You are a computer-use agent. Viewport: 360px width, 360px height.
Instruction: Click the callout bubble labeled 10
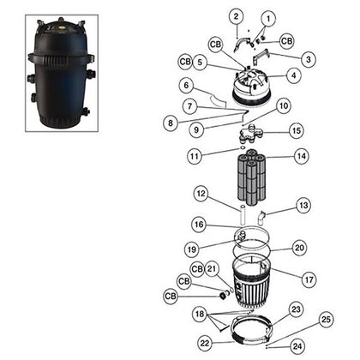tap(283, 105)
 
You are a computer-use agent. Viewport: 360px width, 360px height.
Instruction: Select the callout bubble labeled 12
tap(199, 195)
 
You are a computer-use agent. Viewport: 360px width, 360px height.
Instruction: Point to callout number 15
tap(296, 130)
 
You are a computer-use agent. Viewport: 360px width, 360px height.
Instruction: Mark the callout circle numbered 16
tap(199, 225)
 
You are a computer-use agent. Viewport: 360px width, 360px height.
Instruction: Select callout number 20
tap(299, 248)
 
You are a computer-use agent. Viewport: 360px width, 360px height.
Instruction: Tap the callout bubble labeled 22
tap(204, 343)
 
